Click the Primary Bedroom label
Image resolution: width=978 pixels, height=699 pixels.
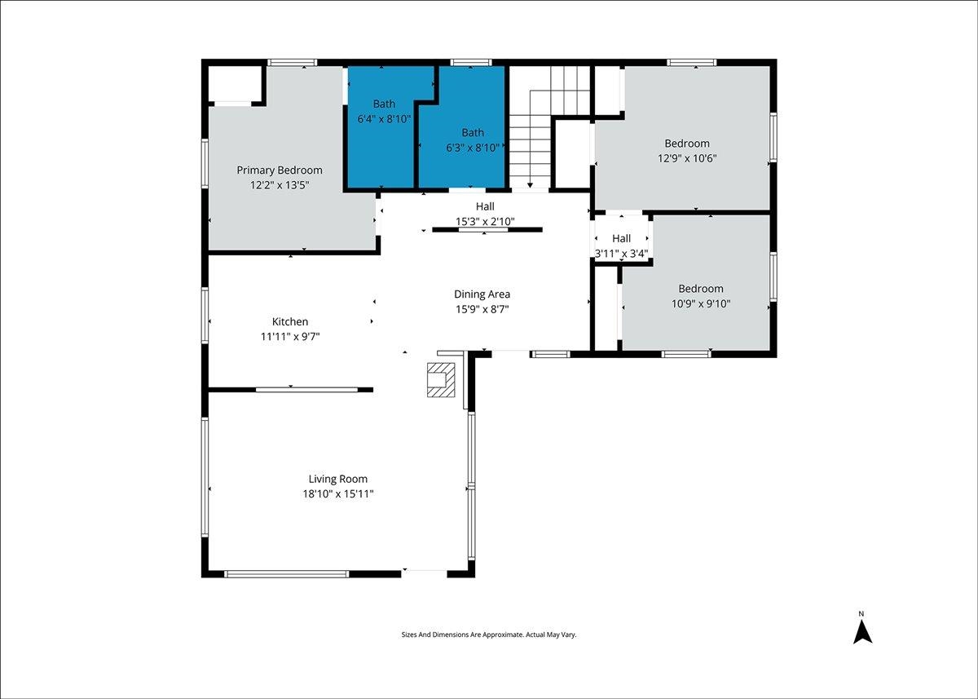[x=280, y=170]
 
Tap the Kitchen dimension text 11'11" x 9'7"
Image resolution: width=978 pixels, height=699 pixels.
[x=290, y=337]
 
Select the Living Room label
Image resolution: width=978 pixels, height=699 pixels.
[x=338, y=480]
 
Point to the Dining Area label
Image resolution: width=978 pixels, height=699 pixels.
[x=482, y=294]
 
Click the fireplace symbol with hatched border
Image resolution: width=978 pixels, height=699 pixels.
[x=441, y=379]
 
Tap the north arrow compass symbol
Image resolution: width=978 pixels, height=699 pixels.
[x=863, y=632]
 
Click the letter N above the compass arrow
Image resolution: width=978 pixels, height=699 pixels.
[x=861, y=614]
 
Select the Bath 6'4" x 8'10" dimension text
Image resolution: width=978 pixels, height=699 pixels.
[x=384, y=119]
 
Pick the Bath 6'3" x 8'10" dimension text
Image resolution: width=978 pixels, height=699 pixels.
[x=473, y=148]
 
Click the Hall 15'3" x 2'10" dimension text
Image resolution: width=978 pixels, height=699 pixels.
[x=485, y=222]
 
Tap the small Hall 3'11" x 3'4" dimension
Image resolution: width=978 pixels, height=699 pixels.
[x=621, y=254]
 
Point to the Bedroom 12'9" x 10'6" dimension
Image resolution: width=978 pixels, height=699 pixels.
[x=687, y=158]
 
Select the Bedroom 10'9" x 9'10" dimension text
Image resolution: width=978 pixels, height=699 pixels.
[x=701, y=303]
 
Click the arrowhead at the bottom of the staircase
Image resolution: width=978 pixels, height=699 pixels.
[x=530, y=186]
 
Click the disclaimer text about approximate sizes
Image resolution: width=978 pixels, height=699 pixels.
[x=489, y=635]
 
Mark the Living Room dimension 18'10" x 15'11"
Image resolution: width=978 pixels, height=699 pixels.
[x=338, y=494]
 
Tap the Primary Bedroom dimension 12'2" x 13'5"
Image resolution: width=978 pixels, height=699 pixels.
[x=280, y=185]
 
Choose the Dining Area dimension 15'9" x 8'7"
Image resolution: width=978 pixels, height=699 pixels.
[x=482, y=309]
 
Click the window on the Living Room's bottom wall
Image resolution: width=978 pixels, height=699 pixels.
[x=286, y=574]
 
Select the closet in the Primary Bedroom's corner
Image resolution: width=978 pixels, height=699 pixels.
[x=235, y=84]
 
